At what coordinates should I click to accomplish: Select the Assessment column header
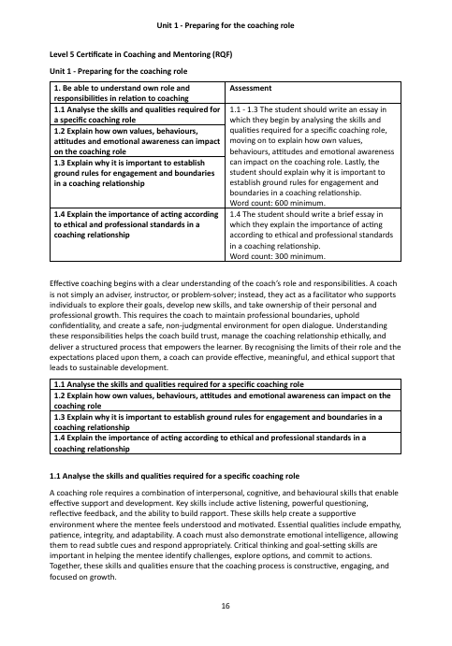tap(250, 85)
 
